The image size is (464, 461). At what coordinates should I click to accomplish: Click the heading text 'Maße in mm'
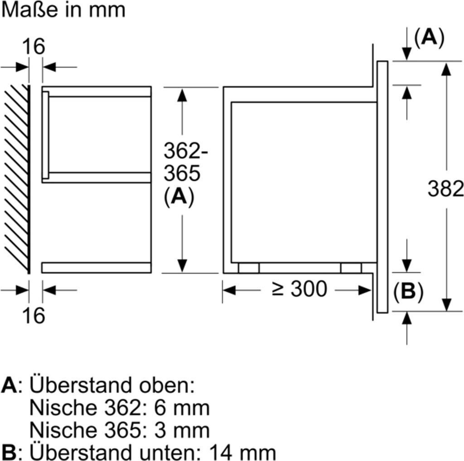[x=63, y=10]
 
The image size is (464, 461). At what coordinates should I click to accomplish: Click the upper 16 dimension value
[x=34, y=46]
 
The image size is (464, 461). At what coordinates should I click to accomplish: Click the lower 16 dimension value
[x=34, y=315]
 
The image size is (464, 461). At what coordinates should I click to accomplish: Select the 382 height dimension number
[x=446, y=189]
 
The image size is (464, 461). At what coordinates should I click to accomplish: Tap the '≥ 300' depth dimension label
[x=299, y=289]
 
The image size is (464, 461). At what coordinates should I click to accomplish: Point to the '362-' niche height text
[x=185, y=150]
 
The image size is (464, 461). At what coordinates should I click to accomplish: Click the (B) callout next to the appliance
[x=408, y=292]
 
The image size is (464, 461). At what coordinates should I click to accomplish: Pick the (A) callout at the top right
[x=429, y=38]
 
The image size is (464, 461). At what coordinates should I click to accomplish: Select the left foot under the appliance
[x=249, y=268]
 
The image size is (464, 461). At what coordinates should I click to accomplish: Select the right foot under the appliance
[x=351, y=268]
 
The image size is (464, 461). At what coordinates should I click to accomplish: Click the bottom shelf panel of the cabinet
[x=96, y=267]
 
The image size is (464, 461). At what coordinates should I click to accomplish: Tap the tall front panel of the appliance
[x=382, y=186]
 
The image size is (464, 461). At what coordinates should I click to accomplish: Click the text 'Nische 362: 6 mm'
[x=119, y=408]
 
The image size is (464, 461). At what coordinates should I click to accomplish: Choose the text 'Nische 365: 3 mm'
[x=119, y=430]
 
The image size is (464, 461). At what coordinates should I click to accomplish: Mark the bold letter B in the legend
[x=9, y=452]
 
